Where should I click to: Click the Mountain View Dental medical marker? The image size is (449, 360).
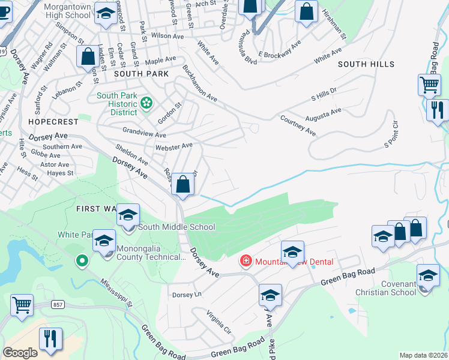click(245, 261)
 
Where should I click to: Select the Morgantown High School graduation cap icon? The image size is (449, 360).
click(106, 16)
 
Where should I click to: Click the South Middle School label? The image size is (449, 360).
click(176, 227)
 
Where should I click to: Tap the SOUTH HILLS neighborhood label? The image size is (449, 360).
click(366, 64)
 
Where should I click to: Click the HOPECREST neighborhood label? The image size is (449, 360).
click(53, 121)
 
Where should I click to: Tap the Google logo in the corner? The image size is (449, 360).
click(20, 353)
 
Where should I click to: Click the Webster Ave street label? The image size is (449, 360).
click(173, 146)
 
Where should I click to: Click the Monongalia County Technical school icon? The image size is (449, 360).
click(104, 241)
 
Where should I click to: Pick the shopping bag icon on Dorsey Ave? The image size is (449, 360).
click(183, 185)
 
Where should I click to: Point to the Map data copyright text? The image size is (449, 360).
click(424, 355)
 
